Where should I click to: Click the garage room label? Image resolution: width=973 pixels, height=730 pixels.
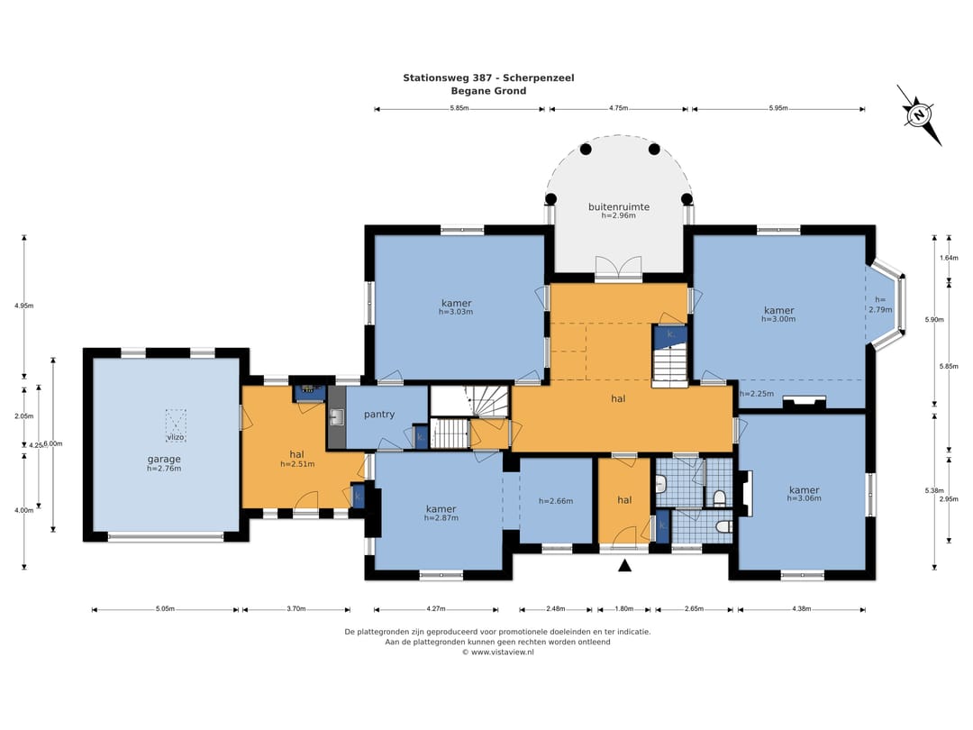164,460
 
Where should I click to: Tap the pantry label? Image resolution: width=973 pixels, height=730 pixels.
379,414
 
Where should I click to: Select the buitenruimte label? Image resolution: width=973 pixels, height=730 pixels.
619,206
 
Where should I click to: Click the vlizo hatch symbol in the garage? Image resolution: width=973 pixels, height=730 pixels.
176,424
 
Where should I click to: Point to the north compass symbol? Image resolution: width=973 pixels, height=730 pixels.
918,114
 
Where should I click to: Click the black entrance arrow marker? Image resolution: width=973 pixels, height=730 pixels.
625,565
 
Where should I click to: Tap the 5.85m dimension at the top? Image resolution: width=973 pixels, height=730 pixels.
459,108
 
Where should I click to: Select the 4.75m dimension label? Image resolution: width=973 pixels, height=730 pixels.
618,108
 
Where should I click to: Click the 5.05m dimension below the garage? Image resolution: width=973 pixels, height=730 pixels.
165,609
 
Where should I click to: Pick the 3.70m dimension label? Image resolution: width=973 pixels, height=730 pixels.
296,609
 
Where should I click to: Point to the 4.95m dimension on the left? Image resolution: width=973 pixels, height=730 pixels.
24,306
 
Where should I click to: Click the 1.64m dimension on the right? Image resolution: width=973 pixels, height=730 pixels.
949,258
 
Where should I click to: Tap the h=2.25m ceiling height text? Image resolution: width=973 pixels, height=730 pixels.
757,394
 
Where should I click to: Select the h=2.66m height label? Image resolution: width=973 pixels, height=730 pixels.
556,501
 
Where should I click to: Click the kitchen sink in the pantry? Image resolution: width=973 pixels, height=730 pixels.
336,416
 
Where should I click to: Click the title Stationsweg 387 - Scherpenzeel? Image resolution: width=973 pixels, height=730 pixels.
488,78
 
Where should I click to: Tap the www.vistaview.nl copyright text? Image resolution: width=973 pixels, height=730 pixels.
497,652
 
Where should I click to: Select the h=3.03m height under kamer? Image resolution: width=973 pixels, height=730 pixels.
456,312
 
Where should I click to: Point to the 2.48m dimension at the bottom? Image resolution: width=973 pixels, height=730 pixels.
556,609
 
